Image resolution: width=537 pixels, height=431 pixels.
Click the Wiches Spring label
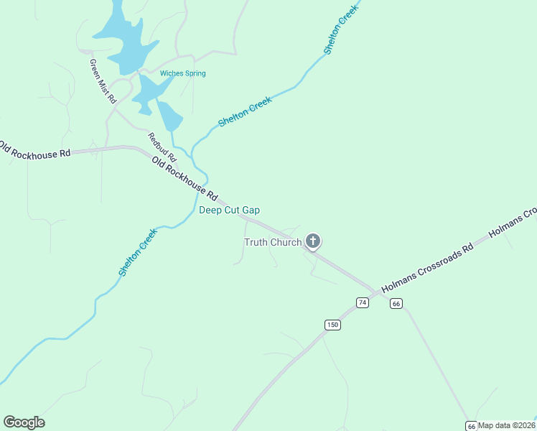(182, 73)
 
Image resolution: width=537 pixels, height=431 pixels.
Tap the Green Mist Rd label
(103, 82)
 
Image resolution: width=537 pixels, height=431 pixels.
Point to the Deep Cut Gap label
(229, 210)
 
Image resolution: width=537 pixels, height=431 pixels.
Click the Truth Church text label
(273, 242)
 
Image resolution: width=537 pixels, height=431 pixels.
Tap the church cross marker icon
(313, 241)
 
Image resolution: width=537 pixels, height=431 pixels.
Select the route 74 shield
(363, 303)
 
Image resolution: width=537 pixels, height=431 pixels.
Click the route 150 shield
(332, 325)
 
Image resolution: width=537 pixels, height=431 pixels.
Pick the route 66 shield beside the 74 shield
(396, 304)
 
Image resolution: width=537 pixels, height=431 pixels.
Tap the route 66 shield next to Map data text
(470, 425)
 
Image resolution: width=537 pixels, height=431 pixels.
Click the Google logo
(24, 422)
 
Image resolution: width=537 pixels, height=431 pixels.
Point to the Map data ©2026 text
(507, 425)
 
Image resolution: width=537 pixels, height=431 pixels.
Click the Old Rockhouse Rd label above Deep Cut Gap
(185, 179)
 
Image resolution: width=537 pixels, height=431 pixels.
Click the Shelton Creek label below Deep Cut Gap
(137, 253)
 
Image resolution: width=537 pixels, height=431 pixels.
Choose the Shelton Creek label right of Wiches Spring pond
(245, 113)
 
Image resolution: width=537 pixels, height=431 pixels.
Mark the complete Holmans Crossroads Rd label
(428, 267)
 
